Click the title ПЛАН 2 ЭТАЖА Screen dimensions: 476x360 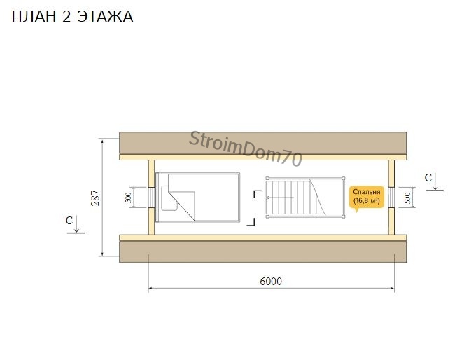tap(72, 16)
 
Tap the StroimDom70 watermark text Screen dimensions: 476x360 tap(246, 148)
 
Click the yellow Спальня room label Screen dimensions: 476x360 tap(366, 197)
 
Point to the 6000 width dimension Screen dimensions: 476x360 tap(271, 282)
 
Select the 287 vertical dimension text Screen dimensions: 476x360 tap(95, 198)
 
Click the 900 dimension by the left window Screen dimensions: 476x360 tap(128, 198)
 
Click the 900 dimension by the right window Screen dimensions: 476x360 tap(407, 198)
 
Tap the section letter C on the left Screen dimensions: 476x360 tap(69, 220)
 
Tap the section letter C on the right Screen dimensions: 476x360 tap(428, 178)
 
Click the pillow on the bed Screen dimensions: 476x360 tap(169, 198)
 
